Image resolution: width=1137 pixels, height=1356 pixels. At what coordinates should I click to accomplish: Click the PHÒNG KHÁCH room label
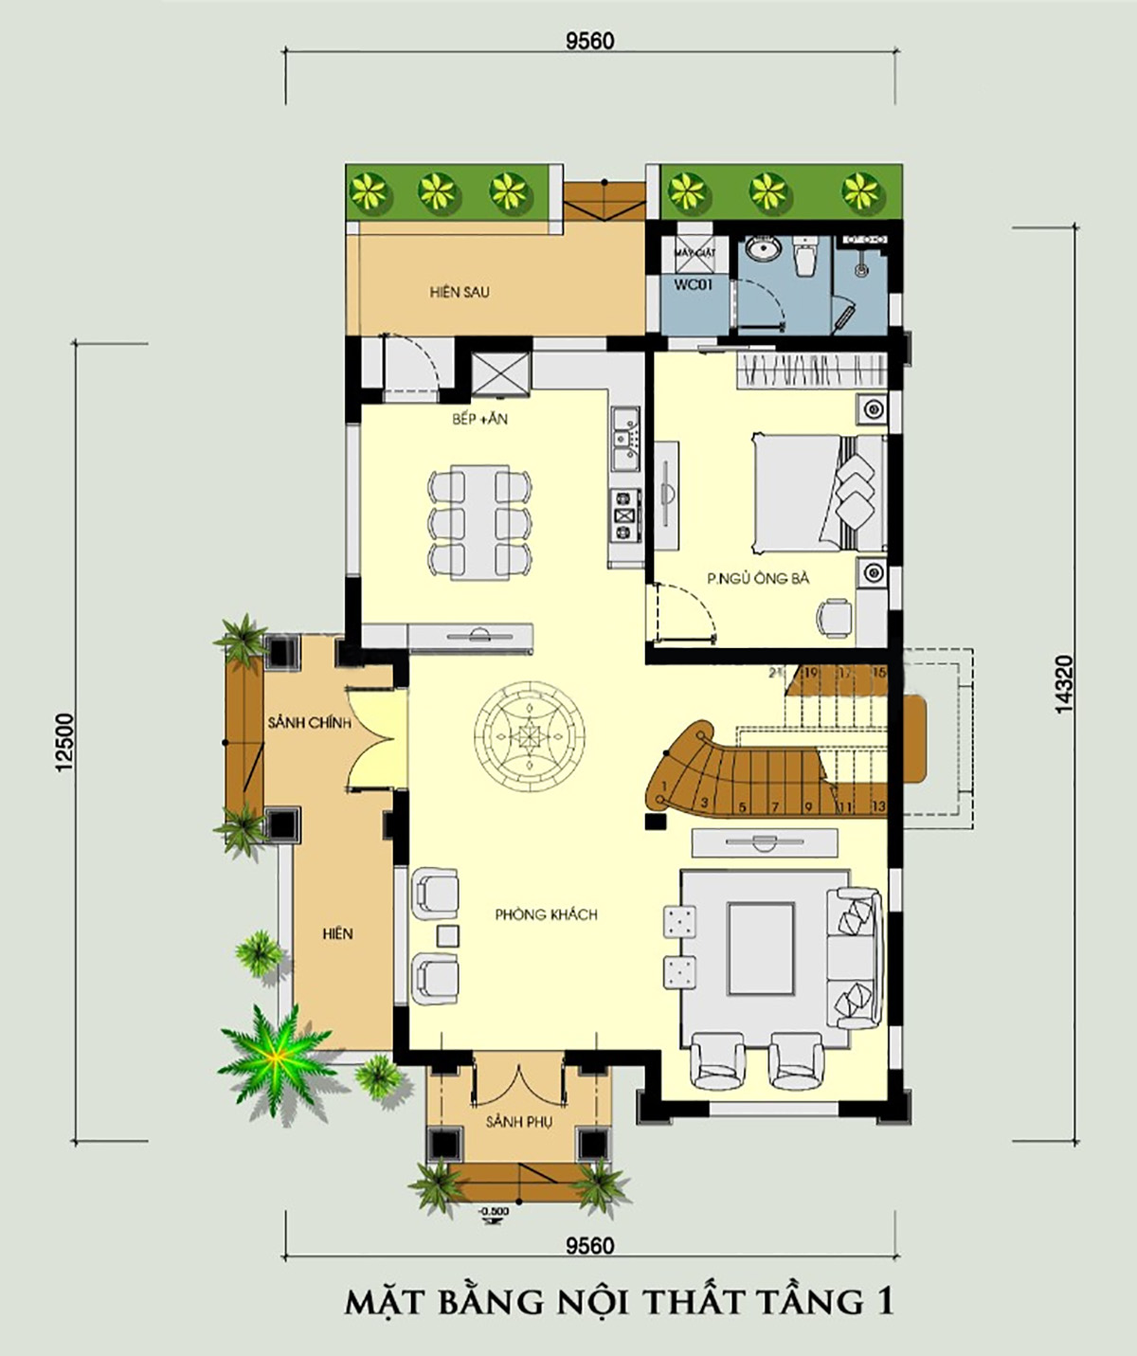click(x=546, y=914)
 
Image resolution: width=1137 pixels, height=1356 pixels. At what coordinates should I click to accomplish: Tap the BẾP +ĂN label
click(x=479, y=419)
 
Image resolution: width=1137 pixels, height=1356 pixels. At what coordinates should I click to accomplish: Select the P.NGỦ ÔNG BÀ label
click(x=758, y=578)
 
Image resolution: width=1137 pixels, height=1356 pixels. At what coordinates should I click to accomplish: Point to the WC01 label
click(x=693, y=284)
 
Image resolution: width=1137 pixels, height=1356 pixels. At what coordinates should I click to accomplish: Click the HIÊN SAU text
click(x=460, y=292)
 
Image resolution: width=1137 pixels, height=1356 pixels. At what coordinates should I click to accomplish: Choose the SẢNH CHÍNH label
click(x=309, y=723)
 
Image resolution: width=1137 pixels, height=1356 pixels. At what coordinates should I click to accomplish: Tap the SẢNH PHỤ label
click(x=518, y=1122)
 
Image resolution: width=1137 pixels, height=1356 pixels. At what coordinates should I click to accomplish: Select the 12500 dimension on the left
click(x=64, y=742)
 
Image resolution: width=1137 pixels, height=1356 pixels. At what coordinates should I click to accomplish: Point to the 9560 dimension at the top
click(x=589, y=41)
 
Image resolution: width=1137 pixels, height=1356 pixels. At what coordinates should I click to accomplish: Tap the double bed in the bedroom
click(x=815, y=492)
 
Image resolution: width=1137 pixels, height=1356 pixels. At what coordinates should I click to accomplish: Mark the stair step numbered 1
click(x=665, y=786)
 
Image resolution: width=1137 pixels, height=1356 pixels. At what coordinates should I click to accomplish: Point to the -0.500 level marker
click(x=493, y=1212)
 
